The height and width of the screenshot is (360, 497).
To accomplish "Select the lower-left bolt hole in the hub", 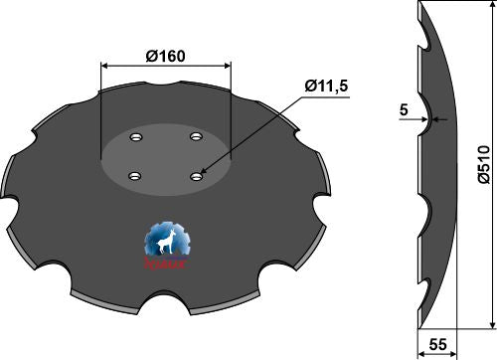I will point(133,177).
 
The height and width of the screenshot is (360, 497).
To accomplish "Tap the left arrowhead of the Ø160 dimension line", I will point(104,67).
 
